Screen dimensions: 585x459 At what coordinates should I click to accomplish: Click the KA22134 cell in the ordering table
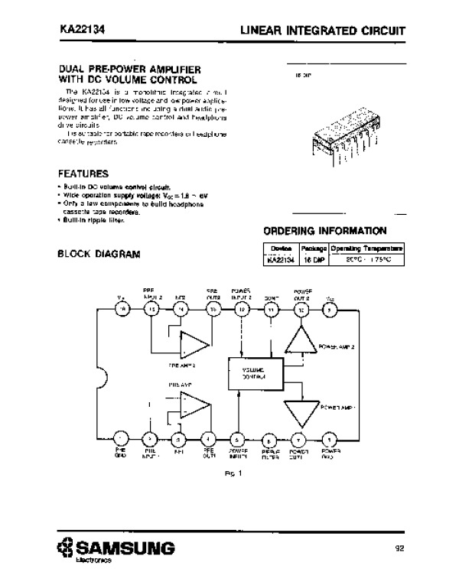pyautogui.click(x=281, y=260)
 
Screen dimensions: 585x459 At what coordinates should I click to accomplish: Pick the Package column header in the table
pyautogui.click(x=314, y=249)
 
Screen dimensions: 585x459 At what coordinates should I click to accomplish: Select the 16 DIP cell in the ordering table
pyautogui.click(x=314, y=260)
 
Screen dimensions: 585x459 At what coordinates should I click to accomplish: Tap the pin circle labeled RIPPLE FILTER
pyautogui.click(x=270, y=440)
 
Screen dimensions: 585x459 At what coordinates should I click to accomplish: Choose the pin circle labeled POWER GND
pyautogui.click(x=329, y=440)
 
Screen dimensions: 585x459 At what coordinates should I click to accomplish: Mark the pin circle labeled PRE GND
pyautogui.click(x=120, y=440)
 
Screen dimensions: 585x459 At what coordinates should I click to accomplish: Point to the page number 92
pyautogui.click(x=399, y=548)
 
